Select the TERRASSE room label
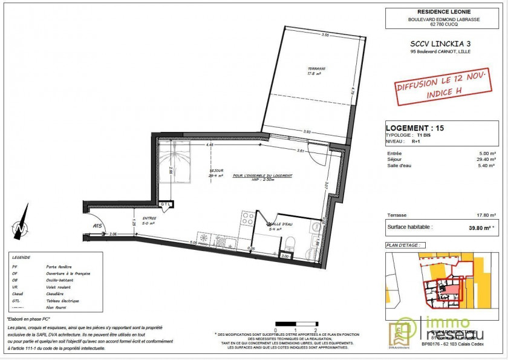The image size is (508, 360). point(316,68)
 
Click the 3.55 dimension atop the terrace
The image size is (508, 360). point(325,35)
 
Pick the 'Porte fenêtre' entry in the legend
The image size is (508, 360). point(59,266)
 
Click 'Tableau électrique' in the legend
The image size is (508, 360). point(62,301)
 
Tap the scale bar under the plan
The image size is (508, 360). point(296,324)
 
